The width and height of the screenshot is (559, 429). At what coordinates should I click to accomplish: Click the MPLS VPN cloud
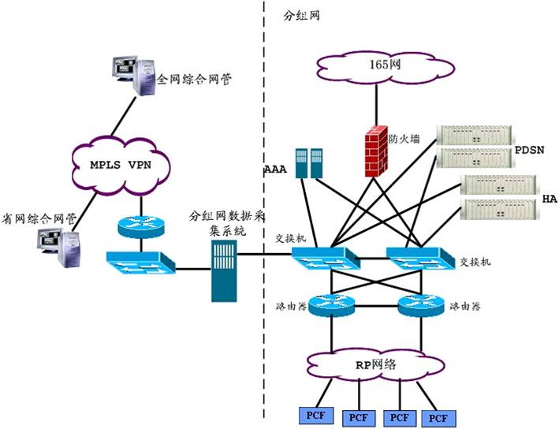click(121, 166)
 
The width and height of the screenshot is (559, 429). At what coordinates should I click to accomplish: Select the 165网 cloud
click(385, 66)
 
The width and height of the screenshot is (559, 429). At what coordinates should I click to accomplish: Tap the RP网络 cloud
click(376, 366)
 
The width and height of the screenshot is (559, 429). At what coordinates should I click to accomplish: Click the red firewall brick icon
click(376, 151)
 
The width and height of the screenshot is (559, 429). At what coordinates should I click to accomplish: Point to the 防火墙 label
click(404, 138)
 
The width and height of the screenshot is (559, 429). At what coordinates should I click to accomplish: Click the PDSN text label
click(529, 150)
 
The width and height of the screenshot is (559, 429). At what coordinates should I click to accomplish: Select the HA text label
click(550, 199)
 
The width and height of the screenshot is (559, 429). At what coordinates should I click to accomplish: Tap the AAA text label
click(276, 169)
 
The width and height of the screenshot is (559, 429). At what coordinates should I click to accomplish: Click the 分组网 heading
click(301, 16)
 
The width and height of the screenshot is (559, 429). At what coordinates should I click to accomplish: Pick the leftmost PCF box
click(316, 416)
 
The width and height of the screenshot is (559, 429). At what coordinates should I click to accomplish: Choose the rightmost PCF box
click(438, 418)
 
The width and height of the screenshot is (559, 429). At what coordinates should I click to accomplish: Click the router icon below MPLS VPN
click(141, 227)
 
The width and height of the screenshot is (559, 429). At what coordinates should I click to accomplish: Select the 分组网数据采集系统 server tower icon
click(224, 271)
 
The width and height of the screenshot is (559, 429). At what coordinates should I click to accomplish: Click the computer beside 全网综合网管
click(134, 75)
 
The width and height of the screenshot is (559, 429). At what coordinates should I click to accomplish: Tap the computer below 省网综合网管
click(59, 248)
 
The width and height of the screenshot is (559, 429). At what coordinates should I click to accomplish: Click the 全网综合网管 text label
click(194, 79)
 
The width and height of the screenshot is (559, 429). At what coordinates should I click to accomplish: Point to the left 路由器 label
click(291, 306)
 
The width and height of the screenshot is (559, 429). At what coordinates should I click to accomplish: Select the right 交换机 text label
click(475, 262)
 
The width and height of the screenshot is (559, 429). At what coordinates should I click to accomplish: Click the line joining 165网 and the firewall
click(376, 105)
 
